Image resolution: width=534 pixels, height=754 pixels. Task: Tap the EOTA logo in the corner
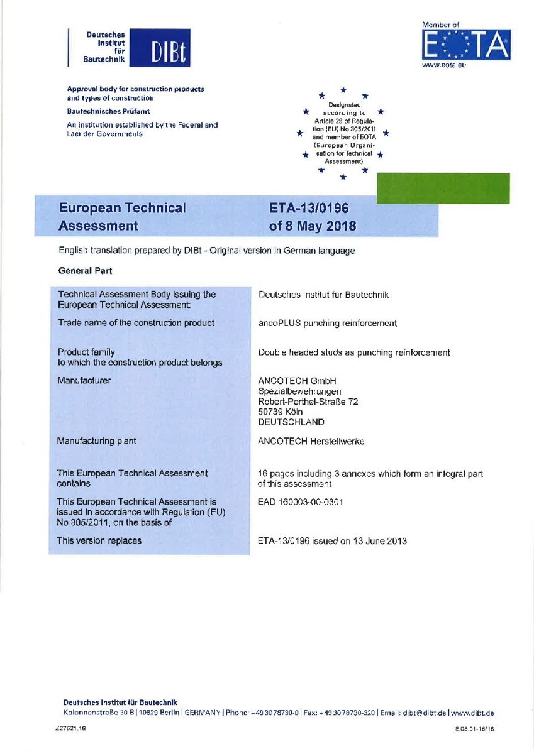click(465, 45)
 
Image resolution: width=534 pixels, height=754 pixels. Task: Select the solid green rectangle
click(443, 188)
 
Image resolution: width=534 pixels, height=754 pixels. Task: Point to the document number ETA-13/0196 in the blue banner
click(308, 208)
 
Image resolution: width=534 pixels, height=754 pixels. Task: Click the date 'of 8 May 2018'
click(312, 226)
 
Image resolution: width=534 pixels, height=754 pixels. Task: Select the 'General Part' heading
click(84, 271)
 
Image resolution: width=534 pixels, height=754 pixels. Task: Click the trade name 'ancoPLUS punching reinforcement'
click(327, 323)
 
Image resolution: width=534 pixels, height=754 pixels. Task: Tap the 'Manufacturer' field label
click(84, 380)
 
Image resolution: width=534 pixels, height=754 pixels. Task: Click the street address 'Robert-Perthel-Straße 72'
click(308, 402)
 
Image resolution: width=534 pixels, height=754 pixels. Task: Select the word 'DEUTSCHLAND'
click(291, 422)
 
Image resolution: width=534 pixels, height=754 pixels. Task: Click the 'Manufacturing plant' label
click(96, 441)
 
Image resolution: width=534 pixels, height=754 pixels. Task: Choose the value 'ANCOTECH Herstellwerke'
click(311, 441)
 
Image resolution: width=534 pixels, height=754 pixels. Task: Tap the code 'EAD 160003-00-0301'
click(301, 502)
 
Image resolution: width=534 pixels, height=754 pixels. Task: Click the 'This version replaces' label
click(99, 540)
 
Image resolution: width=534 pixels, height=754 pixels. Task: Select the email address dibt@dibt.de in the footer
click(425, 713)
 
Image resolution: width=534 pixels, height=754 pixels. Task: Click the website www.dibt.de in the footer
click(472, 713)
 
